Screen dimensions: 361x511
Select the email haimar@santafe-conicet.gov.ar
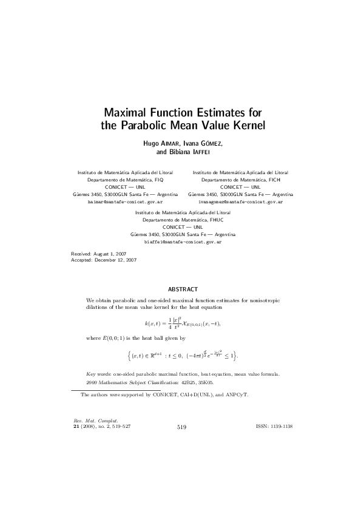[126, 200]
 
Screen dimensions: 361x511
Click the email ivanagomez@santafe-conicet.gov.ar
[240, 200]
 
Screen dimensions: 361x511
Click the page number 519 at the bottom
[181, 427]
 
